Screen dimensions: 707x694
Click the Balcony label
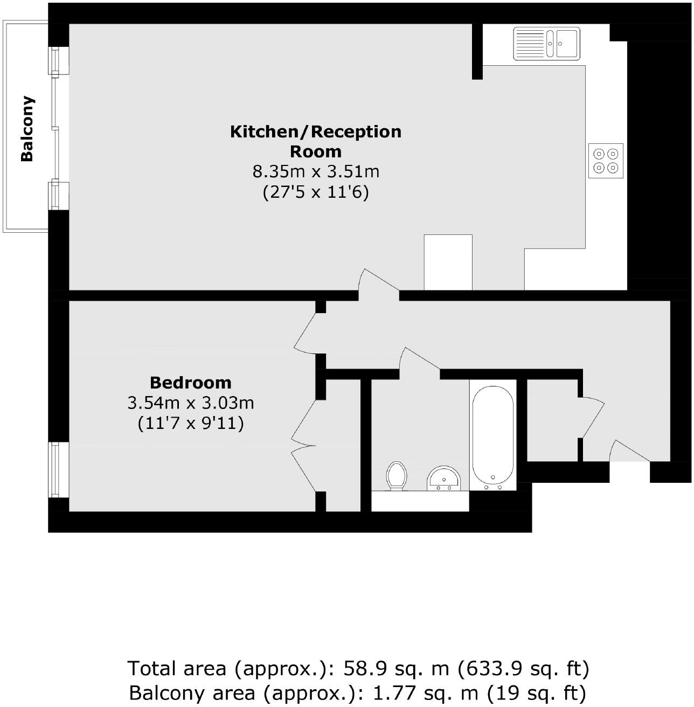tap(27, 129)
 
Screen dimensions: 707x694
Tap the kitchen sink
tap(546, 43)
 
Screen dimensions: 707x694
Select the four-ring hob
tap(606, 161)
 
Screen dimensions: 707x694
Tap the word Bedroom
tap(191, 383)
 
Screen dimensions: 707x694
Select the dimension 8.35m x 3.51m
tap(316, 172)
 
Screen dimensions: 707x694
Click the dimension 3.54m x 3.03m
tap(191, 403)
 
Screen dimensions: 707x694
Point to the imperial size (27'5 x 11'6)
tap(316, 192)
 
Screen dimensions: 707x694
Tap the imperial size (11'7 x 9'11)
tap(191, 423)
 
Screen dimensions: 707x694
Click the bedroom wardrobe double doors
tap(304, 446)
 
